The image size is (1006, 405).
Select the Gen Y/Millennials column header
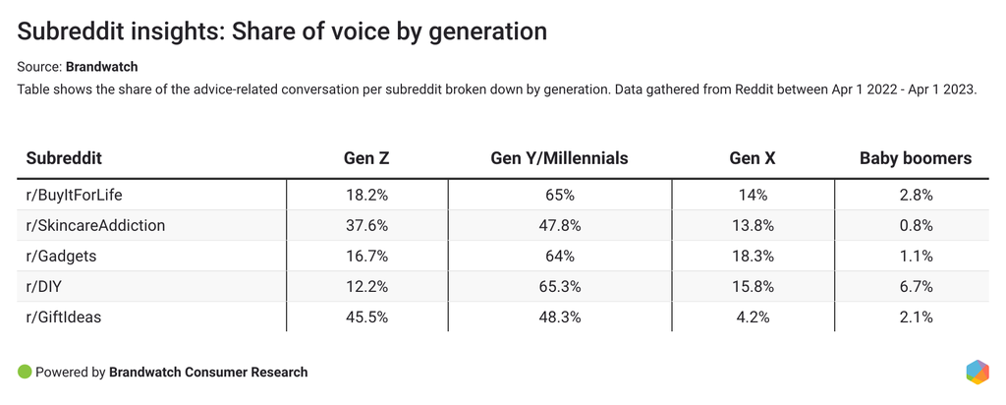[559, 158]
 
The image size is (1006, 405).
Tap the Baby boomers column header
[915, 158]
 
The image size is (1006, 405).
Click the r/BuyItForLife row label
[74, 195]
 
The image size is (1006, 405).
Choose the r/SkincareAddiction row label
[95, 225]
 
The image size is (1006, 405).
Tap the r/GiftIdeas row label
[64, 317]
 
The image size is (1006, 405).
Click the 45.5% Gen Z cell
[366, 317]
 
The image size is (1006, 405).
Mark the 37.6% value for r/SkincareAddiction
[366, 225]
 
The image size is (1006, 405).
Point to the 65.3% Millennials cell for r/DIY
[559, 286]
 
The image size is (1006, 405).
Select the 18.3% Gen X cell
[752, 256]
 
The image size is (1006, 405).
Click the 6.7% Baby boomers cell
[915, 286]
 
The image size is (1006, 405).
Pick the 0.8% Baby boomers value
[915, 225]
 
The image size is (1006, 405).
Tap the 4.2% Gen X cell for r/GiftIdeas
[752, 317]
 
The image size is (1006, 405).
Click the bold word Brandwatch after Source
[102, 67]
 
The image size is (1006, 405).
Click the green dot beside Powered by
[25, 373]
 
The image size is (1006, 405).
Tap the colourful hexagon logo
[977, 373]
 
